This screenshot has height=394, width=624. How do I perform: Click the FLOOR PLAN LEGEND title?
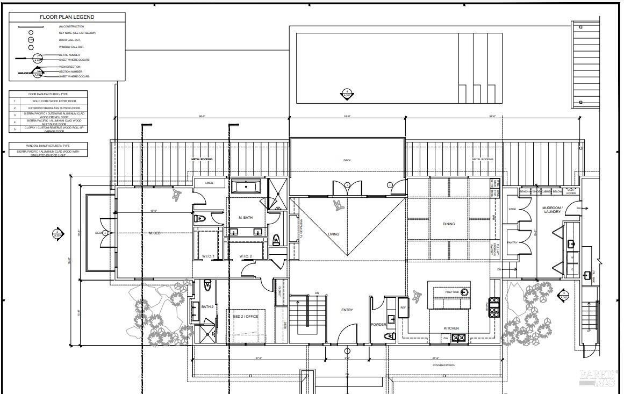67,17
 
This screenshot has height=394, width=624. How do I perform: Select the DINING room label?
449,224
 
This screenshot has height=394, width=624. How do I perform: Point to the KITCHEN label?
451,328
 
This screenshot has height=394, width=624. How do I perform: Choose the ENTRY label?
347,310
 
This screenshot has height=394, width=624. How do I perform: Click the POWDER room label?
378,325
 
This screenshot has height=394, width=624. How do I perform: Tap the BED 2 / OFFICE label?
246,317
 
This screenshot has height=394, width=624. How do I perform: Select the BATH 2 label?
207,307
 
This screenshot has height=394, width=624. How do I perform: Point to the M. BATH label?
246,218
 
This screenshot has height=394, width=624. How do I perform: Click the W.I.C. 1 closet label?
209,256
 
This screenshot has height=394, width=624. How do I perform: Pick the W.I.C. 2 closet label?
246,256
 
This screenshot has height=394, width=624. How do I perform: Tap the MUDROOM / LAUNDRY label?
552,210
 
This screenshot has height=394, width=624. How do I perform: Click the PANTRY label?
512,243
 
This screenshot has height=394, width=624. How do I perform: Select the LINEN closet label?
209,183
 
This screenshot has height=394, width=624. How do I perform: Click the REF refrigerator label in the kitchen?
403,307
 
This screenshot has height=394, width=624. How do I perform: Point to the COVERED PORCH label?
444,366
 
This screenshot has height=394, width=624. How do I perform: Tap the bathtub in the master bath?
246,187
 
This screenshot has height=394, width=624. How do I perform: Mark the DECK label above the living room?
347,160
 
